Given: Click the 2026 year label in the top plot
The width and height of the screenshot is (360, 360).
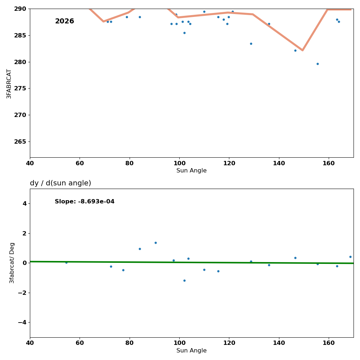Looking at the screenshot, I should [64, 22].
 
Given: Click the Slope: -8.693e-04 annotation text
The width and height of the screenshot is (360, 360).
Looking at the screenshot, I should [85, 202].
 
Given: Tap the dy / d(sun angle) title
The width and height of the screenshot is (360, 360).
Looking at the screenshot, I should [60, 183].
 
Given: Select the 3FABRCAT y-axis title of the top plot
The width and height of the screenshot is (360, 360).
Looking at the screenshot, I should [9, 84].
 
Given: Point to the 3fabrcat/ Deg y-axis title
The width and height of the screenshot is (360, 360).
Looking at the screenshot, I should [12, 263].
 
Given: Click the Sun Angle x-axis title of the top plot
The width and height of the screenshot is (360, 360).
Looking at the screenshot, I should [192, 171].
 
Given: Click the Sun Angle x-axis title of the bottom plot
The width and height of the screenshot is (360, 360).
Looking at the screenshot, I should [192, 351].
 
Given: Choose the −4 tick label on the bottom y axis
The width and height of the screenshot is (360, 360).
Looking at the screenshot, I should [22, 322].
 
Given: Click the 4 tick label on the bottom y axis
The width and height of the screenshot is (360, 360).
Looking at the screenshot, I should [24, 204].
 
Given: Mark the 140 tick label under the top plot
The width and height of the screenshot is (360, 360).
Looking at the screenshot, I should [279, 163].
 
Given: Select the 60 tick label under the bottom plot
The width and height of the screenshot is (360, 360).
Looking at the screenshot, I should [80, 343].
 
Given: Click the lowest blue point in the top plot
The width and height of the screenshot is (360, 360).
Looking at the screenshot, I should [318, 64].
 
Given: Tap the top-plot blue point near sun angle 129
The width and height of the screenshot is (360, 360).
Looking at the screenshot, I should [251, 44].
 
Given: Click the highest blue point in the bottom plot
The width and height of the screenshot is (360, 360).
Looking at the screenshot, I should [156, 243].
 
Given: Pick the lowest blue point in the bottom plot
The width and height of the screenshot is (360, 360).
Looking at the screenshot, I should [184, 280].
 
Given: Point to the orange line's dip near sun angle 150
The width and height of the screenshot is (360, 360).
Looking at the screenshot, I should [302, 50].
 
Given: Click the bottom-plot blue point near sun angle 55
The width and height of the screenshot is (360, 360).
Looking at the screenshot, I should [66, 262].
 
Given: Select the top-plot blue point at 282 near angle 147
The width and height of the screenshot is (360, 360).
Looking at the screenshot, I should [295, 50].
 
